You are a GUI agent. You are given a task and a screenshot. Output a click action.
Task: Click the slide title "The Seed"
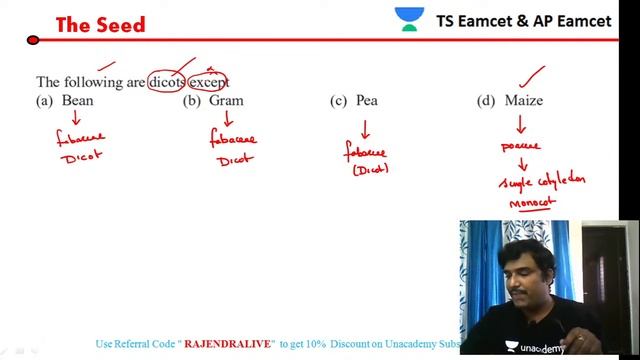click(100, 24)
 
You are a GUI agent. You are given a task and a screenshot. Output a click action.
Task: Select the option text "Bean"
click(78, 100)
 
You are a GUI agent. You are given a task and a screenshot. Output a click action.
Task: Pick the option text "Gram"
click(226, 100)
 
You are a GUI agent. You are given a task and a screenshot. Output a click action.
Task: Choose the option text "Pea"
click(366, 100)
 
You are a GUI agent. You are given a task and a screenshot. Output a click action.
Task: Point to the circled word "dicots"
click(167, 82)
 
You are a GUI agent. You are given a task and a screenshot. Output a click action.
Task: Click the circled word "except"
click(209, 82)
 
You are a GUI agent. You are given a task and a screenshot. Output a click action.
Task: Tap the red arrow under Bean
click(76, 119)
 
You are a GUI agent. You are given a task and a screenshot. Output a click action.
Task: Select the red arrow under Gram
click(228, 119)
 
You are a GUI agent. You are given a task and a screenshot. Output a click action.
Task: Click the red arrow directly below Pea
click(365, 129)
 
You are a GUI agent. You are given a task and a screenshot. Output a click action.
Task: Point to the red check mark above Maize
click(533, 73)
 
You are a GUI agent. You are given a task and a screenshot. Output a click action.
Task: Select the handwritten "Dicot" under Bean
click(81, 156)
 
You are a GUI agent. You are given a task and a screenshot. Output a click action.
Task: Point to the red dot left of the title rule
click(33, 41)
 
